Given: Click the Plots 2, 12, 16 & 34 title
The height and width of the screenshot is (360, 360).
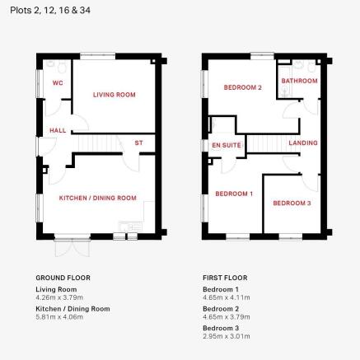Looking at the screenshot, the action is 50,11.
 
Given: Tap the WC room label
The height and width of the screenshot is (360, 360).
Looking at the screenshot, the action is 58,82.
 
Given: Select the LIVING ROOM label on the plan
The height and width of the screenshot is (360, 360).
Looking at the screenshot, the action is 115,95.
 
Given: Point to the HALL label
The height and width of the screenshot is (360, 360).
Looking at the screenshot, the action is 58,130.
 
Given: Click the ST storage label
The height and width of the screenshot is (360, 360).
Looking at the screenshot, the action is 139,143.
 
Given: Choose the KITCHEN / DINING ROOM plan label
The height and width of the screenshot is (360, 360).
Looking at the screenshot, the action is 98,198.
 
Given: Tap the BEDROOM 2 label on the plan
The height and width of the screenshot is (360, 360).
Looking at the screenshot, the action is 243,87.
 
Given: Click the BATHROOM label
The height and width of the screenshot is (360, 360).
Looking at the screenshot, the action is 299,81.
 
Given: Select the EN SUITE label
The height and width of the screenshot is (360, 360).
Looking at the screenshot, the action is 227,145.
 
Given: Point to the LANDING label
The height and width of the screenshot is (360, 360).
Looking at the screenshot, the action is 303,143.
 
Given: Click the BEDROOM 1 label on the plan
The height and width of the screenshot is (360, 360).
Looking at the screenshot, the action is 234,194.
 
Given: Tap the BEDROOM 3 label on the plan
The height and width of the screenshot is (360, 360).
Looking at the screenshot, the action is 292,203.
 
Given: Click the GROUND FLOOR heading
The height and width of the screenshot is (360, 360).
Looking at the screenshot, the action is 63,278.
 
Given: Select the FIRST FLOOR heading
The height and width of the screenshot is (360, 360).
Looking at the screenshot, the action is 225,278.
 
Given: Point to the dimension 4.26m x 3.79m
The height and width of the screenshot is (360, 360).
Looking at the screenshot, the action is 59,297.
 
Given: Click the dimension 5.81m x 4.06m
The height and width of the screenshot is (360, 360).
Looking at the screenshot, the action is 59,317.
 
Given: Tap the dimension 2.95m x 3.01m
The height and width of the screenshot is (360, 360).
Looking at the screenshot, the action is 227,336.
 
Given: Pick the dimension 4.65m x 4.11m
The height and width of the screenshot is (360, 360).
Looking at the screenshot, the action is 227,297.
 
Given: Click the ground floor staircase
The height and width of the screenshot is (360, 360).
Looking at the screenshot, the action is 96,143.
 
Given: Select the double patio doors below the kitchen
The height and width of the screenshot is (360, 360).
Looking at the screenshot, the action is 72,246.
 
